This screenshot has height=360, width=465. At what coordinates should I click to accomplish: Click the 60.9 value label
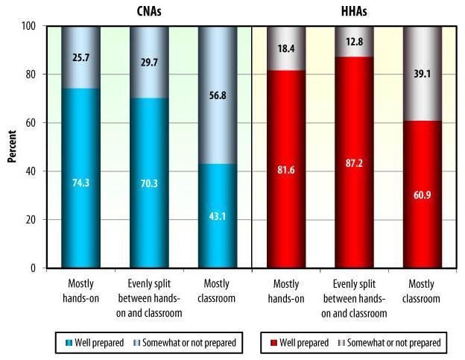point(423,217)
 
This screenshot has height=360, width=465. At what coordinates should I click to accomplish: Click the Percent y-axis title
point(12,146)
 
